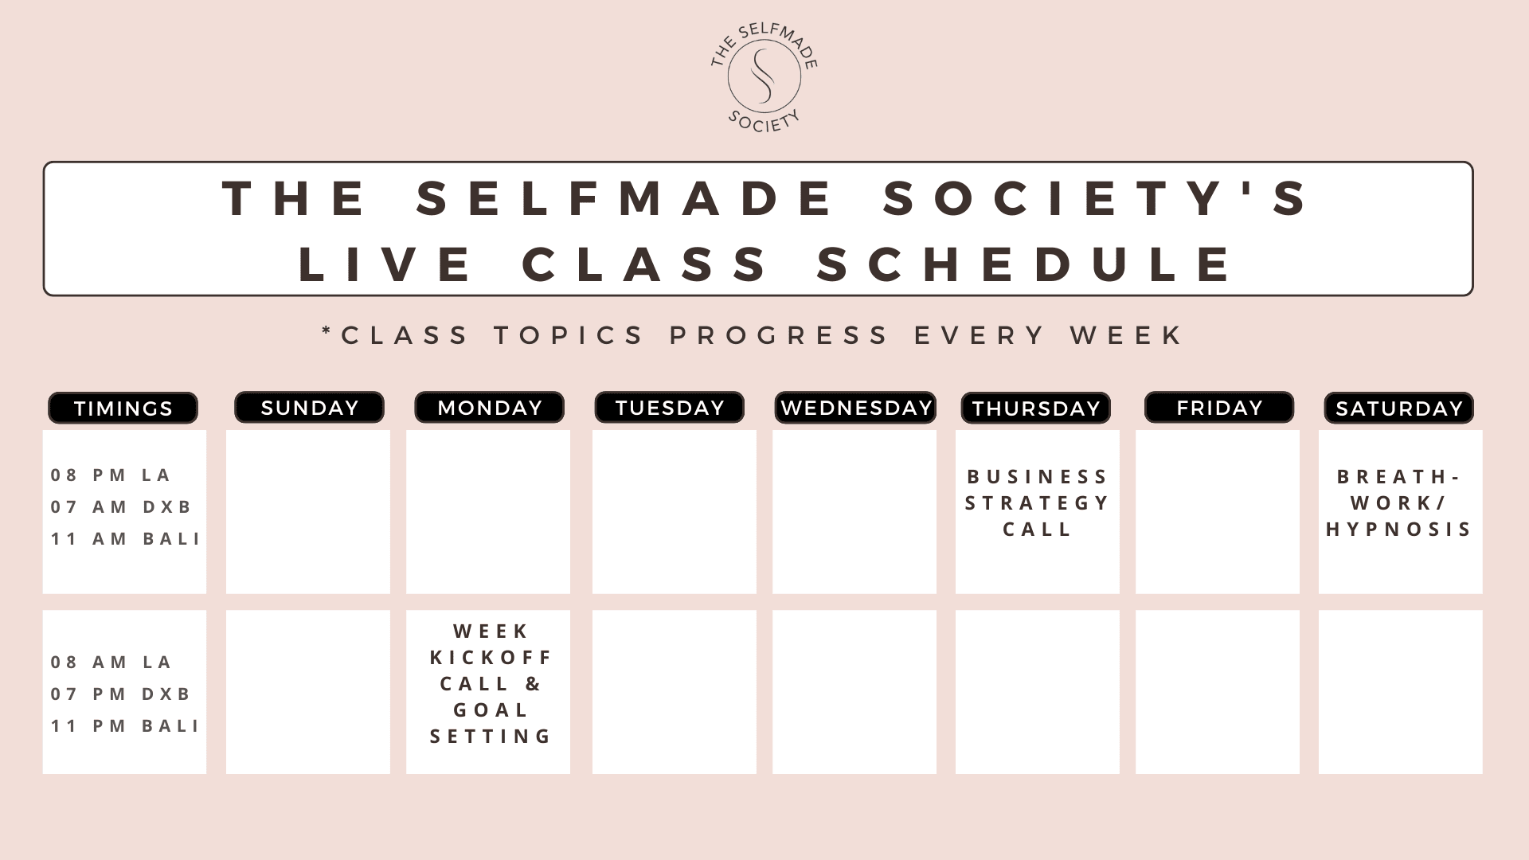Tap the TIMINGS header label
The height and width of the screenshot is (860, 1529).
pyautogui.click(x=123, y=408)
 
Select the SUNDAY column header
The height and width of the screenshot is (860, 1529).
pyautogui.click(x=309, y=407)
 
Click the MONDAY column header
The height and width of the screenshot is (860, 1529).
pyautogui.click(x=490, y=407)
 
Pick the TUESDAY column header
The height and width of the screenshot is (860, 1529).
pyautogui.click(x=670, y=407)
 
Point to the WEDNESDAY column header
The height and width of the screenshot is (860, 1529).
pyautogui.click(x=855, y=408)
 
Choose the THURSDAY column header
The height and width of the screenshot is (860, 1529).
pyautogui.click(x=1036, y=408)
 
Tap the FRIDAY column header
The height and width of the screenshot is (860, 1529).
pyautogui.click(x=1219, y=407)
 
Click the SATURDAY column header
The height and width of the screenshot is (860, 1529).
pyautogui.click(x=1399, y=408)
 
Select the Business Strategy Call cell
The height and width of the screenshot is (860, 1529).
pyautogui.click(x=1038, y=512)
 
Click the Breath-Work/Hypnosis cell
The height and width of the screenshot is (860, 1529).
pyautogui.click(x=1401, y=512)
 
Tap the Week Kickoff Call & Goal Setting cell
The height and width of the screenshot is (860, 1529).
pyautogui.click(x=488, y=692)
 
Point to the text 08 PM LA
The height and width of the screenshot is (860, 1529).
pyautogui.click(x=111, y=475)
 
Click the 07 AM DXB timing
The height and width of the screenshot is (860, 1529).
pyautogui.click(x=121, y=507)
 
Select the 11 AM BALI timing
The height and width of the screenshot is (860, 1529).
pyautogui.click(x=125, y=539)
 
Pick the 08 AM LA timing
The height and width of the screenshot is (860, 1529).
pyautogui.click(x=111, y=663)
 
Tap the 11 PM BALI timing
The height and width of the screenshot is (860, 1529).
pyautogui.click(x=125, y=726)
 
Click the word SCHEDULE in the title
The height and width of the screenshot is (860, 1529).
pyautogui.click(x=1026, y=264)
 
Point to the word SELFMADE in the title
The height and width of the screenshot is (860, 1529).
pyautogui.click(x=625, y=197)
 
